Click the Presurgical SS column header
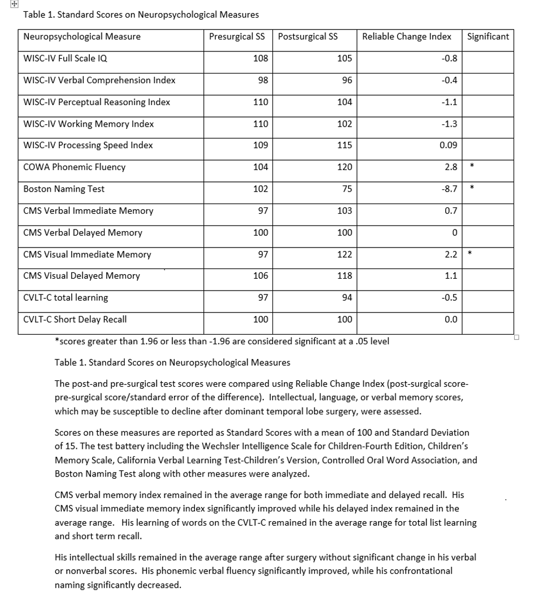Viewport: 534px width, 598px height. [x=237, y=37]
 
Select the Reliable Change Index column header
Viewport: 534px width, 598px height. [x=406, y=37]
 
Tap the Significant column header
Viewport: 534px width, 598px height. [x=488, y=37]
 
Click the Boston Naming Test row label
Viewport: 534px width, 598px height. [x=64, y=189]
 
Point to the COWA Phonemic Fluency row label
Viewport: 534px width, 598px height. [x=75, y=167]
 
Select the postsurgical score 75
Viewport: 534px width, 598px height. [x=346, y=189]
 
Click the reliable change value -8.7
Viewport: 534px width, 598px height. [x=450, y=189]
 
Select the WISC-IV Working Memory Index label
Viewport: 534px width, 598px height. [x=89, y=124]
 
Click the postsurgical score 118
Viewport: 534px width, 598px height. [x=344, y=276]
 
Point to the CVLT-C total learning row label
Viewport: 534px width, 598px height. [x=66, y=298]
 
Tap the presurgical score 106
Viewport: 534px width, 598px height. [x=261, y=276]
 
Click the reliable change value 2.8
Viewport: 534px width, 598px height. [x=451, y=167]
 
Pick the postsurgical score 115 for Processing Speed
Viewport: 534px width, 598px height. [x=344, y=145]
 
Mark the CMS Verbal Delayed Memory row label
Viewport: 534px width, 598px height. [x=83, y=233]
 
